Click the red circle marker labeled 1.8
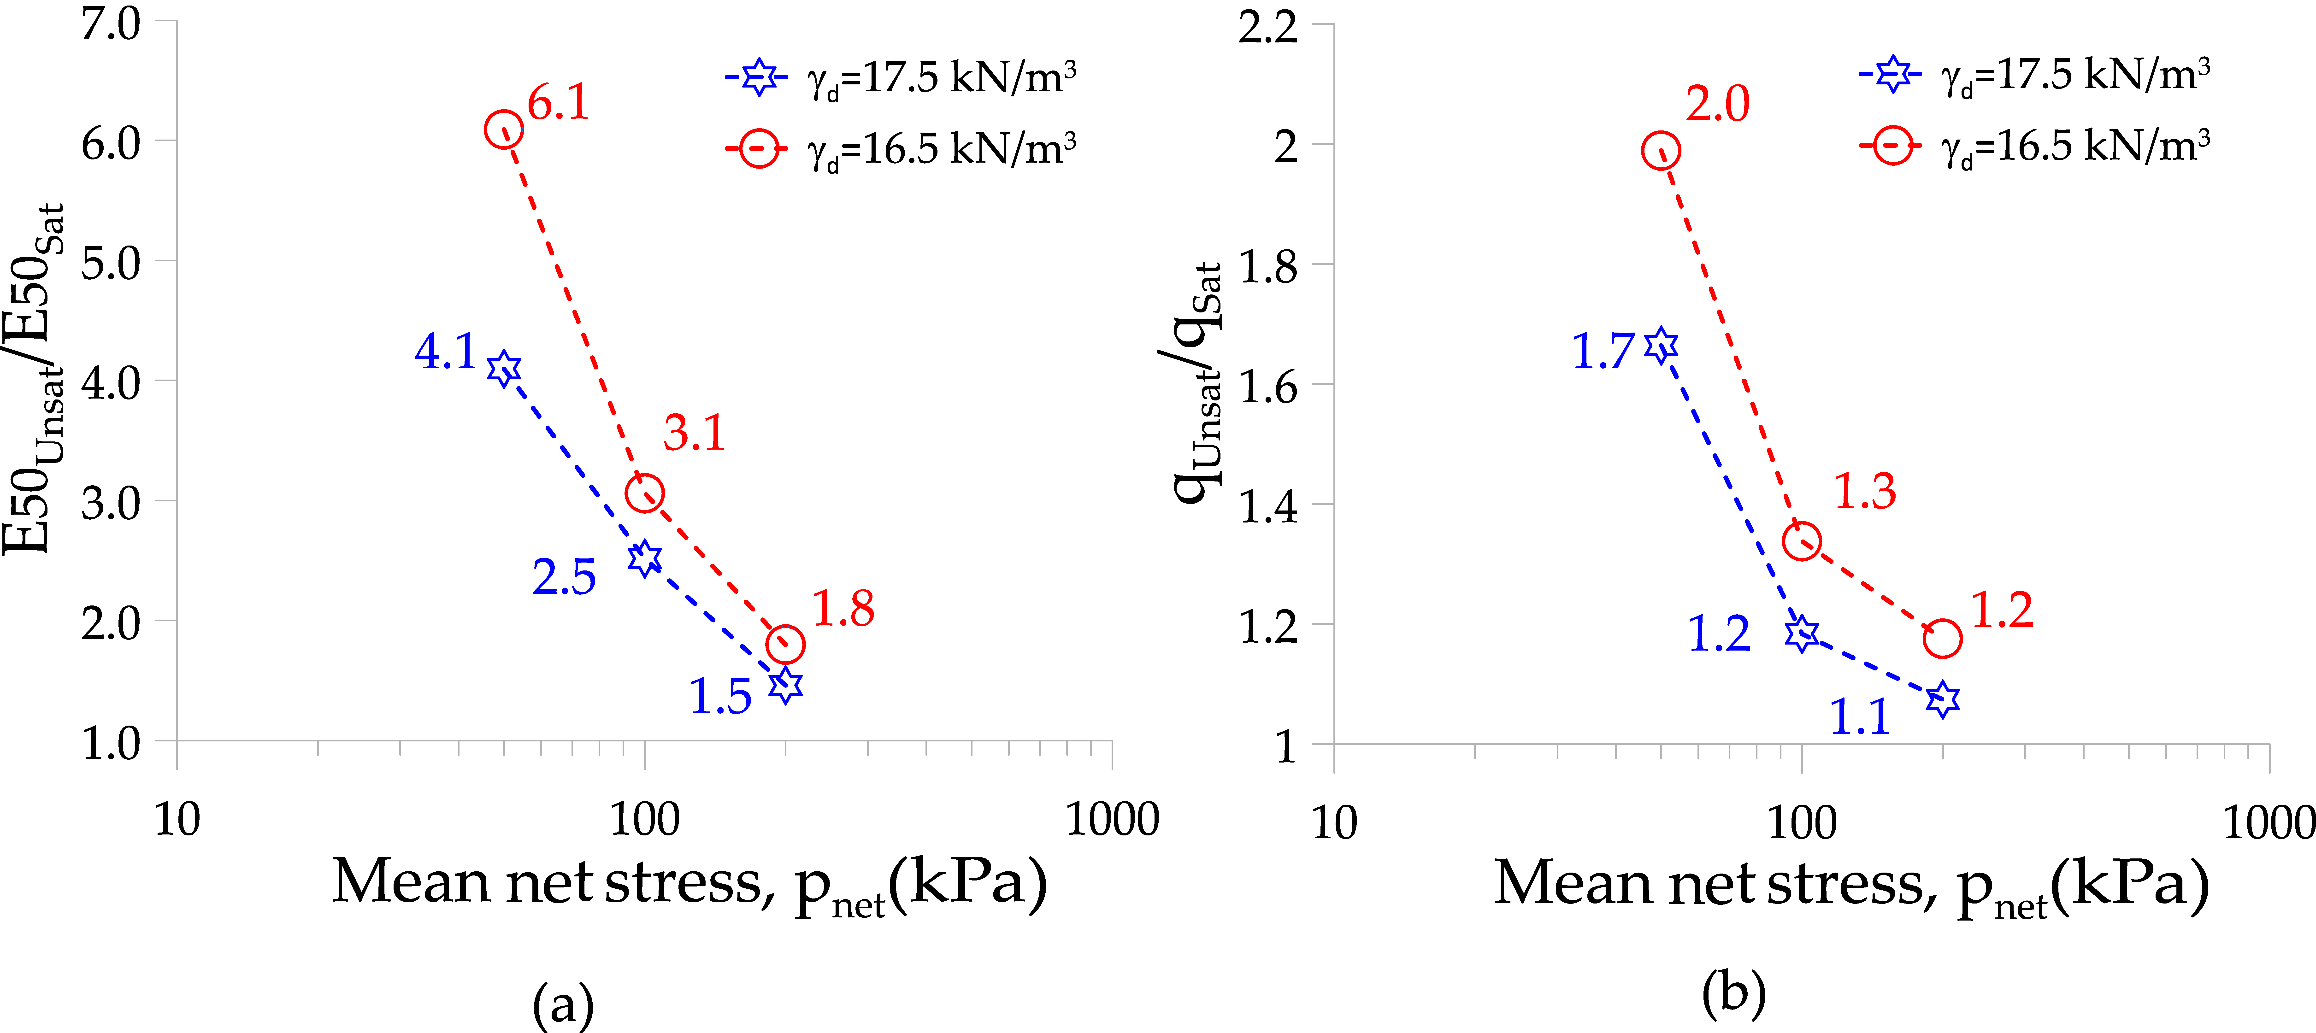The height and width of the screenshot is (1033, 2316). pos(785,644)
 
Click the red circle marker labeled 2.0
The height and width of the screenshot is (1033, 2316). pos(1661,150)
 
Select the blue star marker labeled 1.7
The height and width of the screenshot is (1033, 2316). pos(1661,345)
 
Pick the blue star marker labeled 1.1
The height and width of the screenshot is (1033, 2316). pos(1942,698)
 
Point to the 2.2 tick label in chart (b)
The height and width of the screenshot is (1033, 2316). pos(1268,27)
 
